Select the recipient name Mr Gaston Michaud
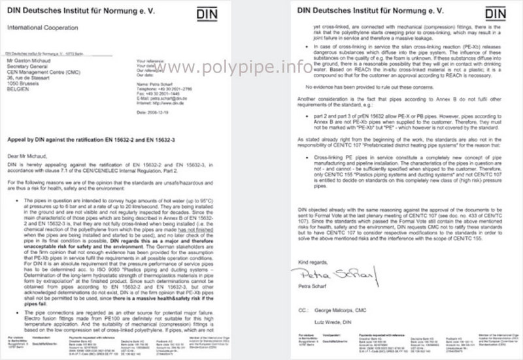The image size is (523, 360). [x=28, y=60]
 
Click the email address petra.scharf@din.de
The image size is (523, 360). [x=171, y=97]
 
